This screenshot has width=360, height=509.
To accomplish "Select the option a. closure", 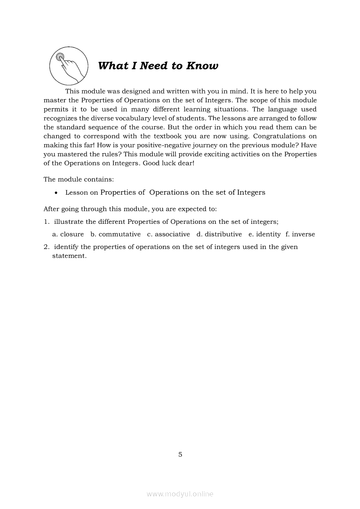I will pos(68,234).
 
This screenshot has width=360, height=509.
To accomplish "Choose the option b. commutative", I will pos(115,234).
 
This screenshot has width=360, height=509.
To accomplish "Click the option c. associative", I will pos(168,234).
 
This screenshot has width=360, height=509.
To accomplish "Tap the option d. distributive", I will pos(219,234).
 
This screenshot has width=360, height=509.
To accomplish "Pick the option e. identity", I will pos(265,234).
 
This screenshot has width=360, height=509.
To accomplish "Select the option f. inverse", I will pos(300,234).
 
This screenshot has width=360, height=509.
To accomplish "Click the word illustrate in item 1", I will pos(68,222).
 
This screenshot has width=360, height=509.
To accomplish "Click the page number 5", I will pos(180,455).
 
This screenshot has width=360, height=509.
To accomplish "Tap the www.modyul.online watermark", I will pos(180,494).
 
